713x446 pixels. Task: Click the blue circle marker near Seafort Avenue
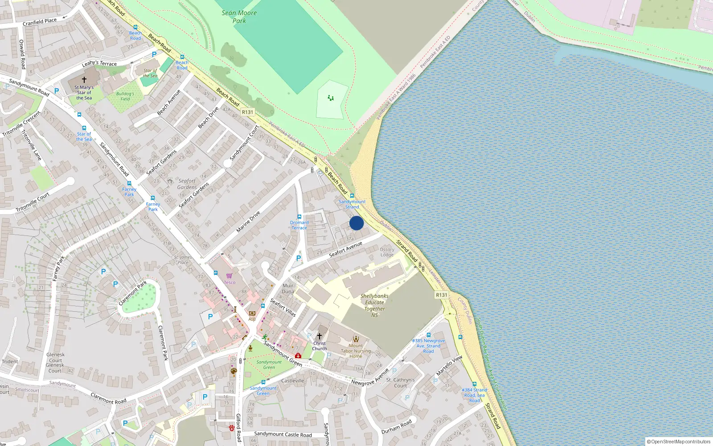(x=356, y=223)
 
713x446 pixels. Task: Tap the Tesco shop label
(x=229, y=282)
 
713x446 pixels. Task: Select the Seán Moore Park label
(x=239, y=17)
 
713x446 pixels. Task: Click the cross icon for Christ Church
(x=319, y=336)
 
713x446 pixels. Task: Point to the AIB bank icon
(x=252, y=314)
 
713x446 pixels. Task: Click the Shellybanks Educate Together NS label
(x=374, y=306)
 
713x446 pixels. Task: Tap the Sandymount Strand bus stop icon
(x=352, y=196)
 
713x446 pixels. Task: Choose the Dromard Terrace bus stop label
(x=299, y=225)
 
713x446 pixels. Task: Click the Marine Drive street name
(x=248, y=222)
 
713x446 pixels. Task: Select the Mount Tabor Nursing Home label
(x=356, y=351)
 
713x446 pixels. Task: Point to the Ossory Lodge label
(x=387, y=252)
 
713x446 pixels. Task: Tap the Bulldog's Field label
(x=125, y=96)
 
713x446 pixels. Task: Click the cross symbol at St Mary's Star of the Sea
(x=84, y=80)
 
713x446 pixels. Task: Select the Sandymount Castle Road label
(x=283, y=434)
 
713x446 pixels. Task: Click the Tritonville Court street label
(x=33, y=202)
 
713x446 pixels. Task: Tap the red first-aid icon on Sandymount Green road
(x=298, y=355)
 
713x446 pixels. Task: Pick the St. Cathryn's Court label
(x=400, y=383)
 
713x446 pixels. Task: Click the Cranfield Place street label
(x=40, y=21)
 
